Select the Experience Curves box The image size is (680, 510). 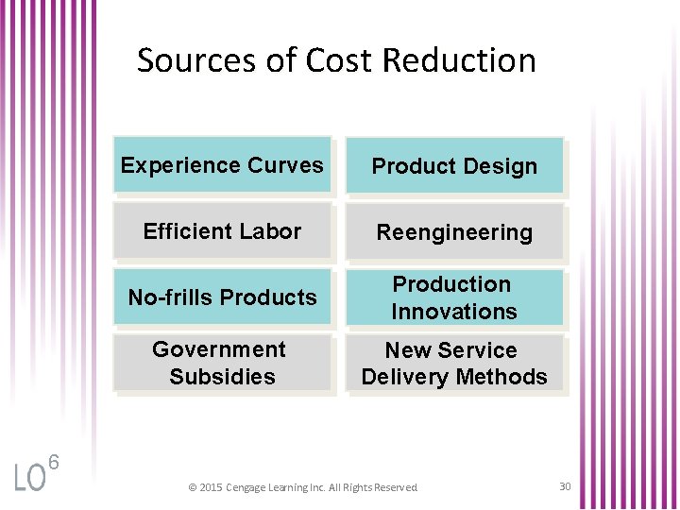pyautogui.click(x=222, y=165)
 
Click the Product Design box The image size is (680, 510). pyautogui.click(x=454, y=166)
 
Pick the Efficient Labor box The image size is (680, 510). pyautogui.click(x=222, y=231)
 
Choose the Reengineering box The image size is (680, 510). pyautogui.click(x=454, y=232)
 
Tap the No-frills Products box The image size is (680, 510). pyautogui.click(x=222, y=297)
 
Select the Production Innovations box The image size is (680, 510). pyautogui.click(x=454, y=297)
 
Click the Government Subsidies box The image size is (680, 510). pyautogui.click(x=222, y=363)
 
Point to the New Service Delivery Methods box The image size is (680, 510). pyautogui.click(x=454, y=364)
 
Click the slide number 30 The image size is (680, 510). pyautogui.click(x=565, y=486)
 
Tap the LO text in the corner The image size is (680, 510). pyautogui.click(x=29, y=479)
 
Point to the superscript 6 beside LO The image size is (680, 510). pyautogui.click(x=54, y=463)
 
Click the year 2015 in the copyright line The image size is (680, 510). pyautogui.click(x=210, y=487)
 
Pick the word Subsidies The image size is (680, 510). pyautogui.click(x=222, y=377)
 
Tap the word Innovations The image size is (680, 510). pyautogui.click(x=454, y=312)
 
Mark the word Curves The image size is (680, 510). pyautogui.click(x=285, y=165)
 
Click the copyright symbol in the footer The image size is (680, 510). pyautogui.click(x=192, y=487)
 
